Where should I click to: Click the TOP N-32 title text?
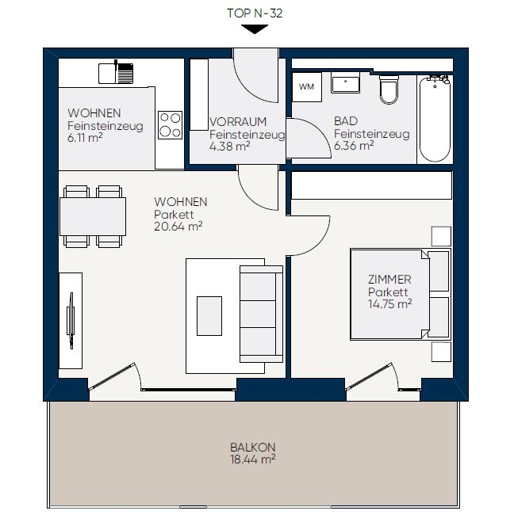tap(255, 13)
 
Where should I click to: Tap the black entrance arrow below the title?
tap(255, 29)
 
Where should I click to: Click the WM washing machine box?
tap(306, 87)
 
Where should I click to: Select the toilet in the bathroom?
tap(389, 90)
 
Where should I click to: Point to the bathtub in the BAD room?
tap(435, 119)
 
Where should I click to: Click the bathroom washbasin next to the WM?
tap(345, 82)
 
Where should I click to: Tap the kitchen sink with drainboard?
tap(116, 73)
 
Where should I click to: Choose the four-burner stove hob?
tap(170, 125)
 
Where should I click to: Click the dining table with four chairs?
tap(93, 216)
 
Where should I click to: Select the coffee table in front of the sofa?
tap(209, 315)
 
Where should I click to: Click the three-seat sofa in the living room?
tap(262, 314)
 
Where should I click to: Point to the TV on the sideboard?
tap(71, 320)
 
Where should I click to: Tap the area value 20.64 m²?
tap(178, 227)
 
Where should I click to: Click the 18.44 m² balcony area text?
tap(252, 459)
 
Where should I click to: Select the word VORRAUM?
tap(238, 121)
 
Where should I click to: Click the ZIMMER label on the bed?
tap(389, 279)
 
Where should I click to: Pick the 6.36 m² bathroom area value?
tap(354, 146)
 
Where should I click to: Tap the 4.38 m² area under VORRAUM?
tap(230, 147)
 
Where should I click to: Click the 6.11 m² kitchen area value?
tap(85, 138)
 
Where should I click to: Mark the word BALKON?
tap(252, 447)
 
